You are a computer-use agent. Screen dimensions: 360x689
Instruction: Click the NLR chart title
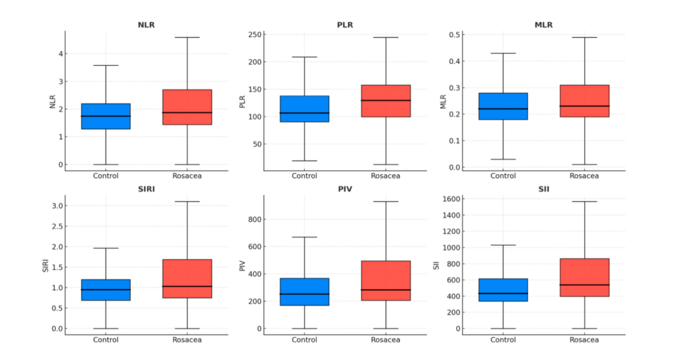(146, 25)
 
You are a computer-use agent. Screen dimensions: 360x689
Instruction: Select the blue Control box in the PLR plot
(304, 108)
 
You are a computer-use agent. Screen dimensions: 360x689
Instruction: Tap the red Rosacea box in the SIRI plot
(186, 279)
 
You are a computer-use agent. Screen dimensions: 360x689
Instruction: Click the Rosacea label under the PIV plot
(386, 340)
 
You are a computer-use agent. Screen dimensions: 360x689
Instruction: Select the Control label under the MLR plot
(503, 176)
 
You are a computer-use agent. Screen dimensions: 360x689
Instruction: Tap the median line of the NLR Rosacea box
(186, 112)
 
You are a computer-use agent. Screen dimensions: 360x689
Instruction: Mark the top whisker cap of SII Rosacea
(584, 201)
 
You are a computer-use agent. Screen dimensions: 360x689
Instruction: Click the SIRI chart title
(146, 189)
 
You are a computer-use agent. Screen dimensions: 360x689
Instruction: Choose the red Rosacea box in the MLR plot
(584, 101)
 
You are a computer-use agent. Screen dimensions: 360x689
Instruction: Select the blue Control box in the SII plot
(503, 290)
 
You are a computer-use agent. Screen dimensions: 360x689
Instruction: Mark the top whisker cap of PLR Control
(304, 57)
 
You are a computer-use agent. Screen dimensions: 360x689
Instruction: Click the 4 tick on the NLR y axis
(60, 54)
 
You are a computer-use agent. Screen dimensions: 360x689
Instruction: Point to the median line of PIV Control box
(304, 294)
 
